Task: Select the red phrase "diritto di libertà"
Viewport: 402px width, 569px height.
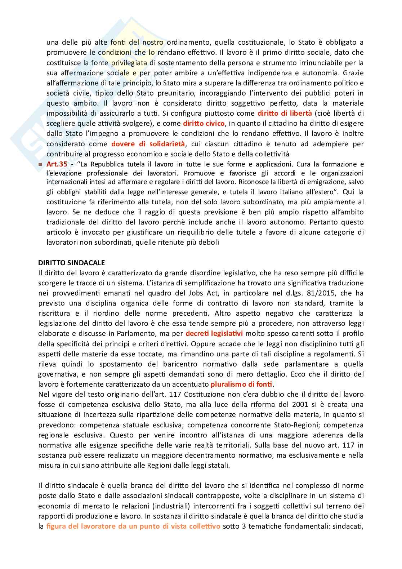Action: [x=285, y=113]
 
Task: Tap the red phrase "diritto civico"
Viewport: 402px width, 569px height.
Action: [x=204, y=123]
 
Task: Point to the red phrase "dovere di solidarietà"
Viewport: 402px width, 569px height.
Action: [x=148, y=144]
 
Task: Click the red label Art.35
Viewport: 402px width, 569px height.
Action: [x=57, y=164]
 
